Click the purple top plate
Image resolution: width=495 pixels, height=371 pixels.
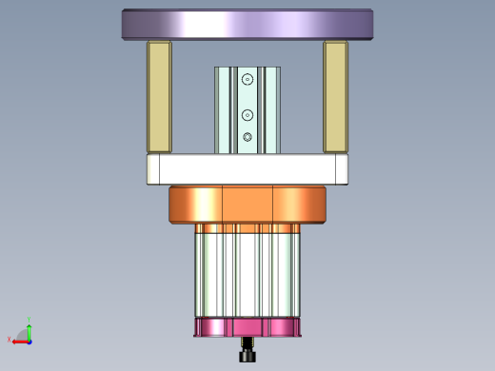247,24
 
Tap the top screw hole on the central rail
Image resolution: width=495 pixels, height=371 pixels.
247,80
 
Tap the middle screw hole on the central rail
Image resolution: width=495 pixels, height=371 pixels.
247,115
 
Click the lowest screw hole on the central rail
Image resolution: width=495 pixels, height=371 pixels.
247,138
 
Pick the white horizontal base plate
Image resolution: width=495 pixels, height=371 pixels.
247,170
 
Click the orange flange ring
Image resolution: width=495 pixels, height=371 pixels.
247,205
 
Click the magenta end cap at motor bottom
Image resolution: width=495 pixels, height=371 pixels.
247,328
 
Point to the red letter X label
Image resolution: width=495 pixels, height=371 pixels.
9,340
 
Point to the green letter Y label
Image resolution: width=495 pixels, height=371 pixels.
30,319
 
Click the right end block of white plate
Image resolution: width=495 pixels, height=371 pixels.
341,170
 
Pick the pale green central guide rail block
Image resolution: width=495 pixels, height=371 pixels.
228,109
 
